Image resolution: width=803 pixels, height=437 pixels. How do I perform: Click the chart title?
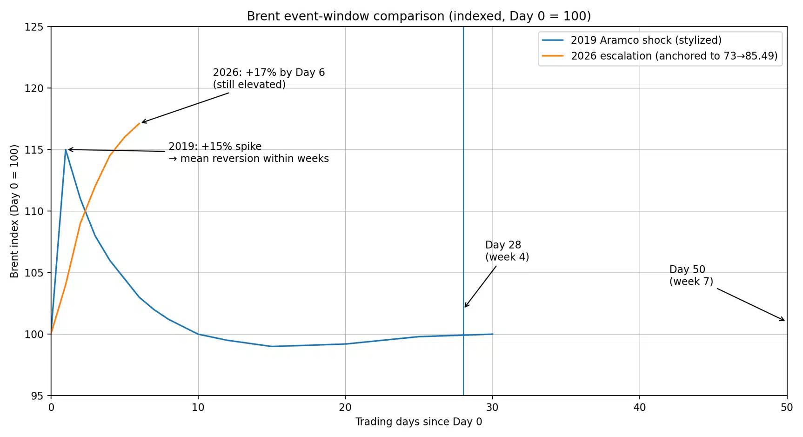(419, 16)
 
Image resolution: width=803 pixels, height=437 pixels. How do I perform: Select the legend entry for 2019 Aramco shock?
(646, 40)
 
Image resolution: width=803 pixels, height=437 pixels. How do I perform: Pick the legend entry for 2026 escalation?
(674, 56)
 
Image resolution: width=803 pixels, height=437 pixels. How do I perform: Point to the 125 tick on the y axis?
(34, 27)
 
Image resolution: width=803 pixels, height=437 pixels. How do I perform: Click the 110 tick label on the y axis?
(34, 211)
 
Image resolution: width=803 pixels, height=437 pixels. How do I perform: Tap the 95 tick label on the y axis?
(37, 396)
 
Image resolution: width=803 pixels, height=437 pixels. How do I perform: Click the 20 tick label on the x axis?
(345, 408)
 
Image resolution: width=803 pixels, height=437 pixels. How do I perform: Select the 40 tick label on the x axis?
(640, 408)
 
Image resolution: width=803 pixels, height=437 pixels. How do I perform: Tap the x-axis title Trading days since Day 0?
(419, 422)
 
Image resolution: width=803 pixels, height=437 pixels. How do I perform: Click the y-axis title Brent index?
(14, 211)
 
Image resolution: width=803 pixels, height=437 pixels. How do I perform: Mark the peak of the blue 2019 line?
(66, 149)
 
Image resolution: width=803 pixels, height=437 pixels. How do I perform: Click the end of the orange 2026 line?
(139, 123)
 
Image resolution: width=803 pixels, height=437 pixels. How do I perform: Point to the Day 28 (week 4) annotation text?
(507, 251)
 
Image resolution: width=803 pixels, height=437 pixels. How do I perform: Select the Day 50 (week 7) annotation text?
(691, 276)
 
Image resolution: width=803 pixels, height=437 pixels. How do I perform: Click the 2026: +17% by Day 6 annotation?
(268, 78)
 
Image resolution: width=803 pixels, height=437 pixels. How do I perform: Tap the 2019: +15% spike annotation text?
(248, 152)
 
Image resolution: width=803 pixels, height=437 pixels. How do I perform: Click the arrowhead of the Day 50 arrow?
(784, 320)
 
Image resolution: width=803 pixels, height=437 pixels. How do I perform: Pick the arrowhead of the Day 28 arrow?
(465, 307)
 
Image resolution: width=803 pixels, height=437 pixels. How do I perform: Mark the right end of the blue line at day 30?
(493, 334)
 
